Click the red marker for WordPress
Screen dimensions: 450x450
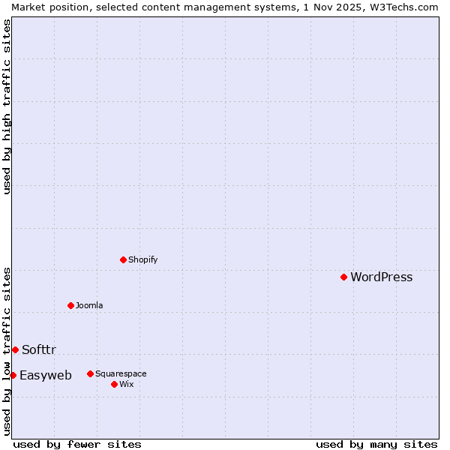click(343, 277)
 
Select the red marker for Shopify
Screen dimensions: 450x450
click(123, 259)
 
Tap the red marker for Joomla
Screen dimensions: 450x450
click(70, 305)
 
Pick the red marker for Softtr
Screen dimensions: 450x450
click(15, 349)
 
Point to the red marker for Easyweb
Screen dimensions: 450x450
click(13, 375)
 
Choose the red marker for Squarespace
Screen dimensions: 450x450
click(90, 373)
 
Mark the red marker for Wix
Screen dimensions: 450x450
click(114, 384)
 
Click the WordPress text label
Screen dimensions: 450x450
click(381, 277)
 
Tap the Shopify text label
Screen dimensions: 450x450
click(142, 260)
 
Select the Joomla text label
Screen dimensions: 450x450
click(89, 306)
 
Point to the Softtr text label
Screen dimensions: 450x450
click(39, 350)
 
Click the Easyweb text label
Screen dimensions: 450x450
click(46, 376)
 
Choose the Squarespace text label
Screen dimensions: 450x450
click(121, 374)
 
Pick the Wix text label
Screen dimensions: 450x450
click(126, 385)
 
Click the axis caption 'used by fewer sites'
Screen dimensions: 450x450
click(77, 444)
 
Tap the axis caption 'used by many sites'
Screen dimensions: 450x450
click(376, 444)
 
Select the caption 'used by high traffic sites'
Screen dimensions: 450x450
click(7, 106)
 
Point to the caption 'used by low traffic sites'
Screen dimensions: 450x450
click(7, 351)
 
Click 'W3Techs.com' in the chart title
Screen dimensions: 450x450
click(402, 7)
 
